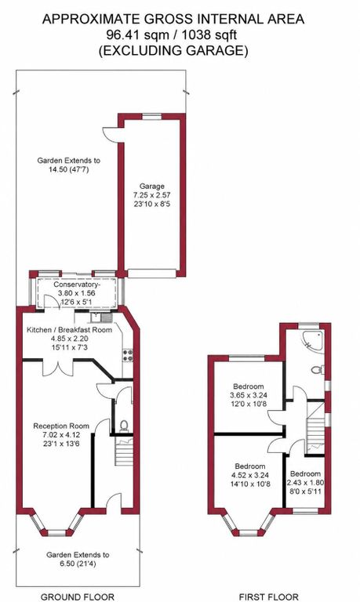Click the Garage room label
coord(151,187)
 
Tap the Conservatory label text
coord(77,285)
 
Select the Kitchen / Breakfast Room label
coord(69,330)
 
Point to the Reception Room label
coord(61,426)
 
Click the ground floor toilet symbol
coord(124,426)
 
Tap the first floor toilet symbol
coord(318,370)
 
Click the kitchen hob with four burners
coord(128,355)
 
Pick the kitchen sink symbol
coord(101,317)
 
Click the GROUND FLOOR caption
coord(77,597)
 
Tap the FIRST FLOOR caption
coord(268,597)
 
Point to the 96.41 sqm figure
coord(137,35)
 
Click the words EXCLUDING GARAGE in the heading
coord(173,51)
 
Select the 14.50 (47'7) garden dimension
coord(68,169)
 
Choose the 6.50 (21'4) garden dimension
coord(78,564)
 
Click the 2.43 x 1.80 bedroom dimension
coord(306,483)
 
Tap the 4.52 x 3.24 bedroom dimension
coord(250,475)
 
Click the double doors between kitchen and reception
coord(57,368)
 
